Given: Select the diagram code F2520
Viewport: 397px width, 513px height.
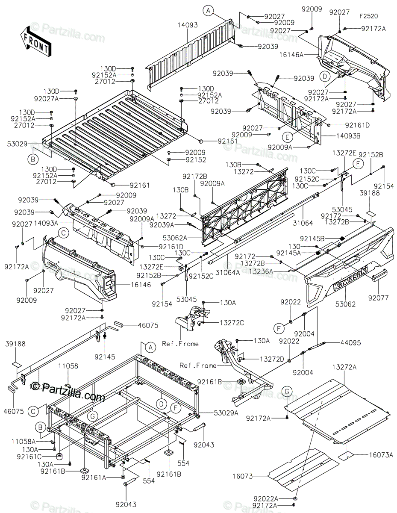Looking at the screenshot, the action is pos(368,16).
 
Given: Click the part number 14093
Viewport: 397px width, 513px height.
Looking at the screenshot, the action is pos(188,25).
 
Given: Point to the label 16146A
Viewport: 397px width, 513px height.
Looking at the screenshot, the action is pos(291,55).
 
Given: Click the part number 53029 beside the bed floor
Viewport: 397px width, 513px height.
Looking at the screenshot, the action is pos(17,144).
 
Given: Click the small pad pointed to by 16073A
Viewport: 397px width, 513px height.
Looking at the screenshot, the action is pos(346,456).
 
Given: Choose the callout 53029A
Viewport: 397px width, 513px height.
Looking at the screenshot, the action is pos(226,413).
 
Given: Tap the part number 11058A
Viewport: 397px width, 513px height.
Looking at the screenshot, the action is pos(24,441).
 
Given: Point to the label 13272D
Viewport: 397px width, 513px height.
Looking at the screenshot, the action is pos(272,359).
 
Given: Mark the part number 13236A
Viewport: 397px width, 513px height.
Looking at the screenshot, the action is pos(261,271).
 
